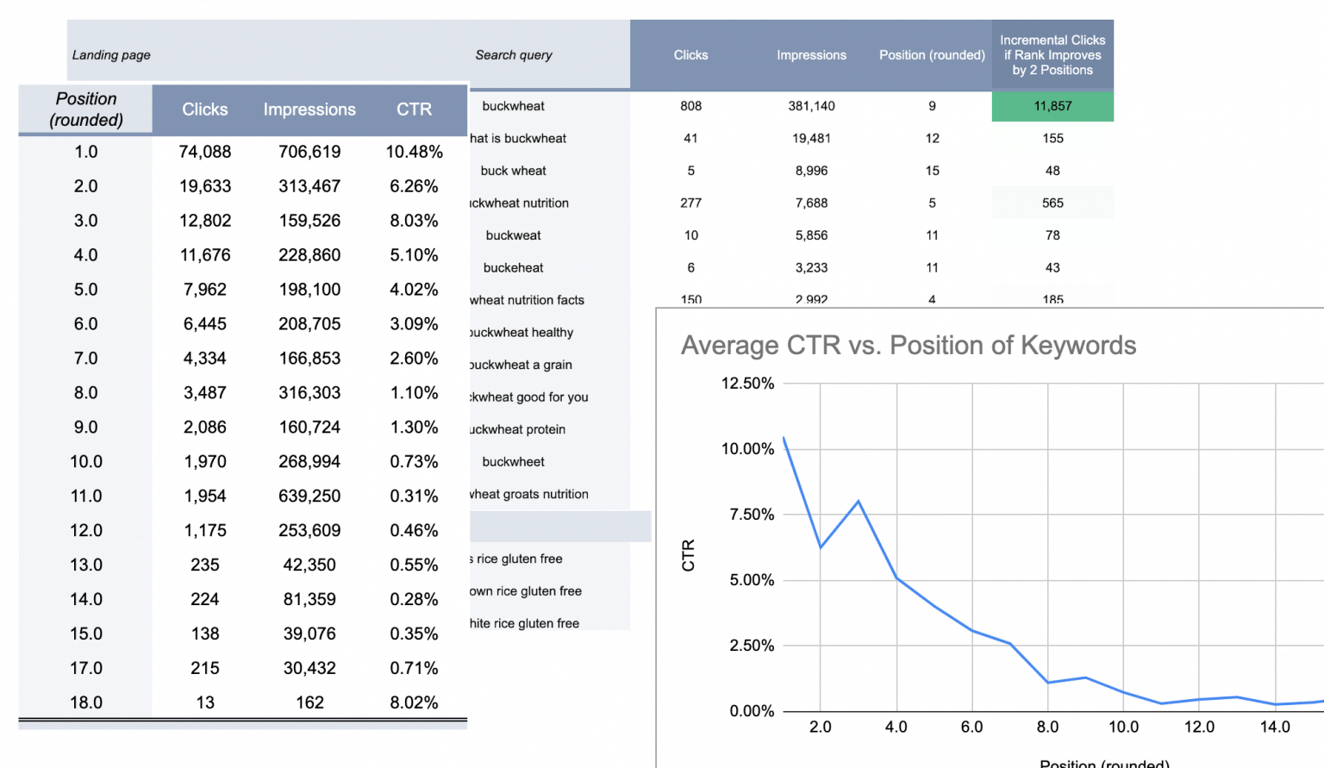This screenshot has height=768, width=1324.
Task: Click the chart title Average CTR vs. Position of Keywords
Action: (x=909, y=346)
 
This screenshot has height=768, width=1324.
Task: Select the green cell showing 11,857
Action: (x=1052, y=106)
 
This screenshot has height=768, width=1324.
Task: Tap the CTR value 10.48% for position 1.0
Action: (x=414, y=152)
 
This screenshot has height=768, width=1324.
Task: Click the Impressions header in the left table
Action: (x=309, y=109)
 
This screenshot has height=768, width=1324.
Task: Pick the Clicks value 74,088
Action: (x=205, y=152)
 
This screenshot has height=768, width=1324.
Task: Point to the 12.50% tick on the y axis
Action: (x=747, y=384)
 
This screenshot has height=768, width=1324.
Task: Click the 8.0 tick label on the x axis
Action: (x=1047, y=727)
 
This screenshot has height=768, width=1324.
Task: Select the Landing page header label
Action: (x=111, y=55)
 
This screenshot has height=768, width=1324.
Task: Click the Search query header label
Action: (x=514, y=55)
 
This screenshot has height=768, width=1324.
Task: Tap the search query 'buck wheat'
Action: (x=513, y=171)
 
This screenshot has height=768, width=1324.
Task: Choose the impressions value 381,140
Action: (x=811, y=106)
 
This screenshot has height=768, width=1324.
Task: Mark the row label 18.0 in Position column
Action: (x=86, y=702)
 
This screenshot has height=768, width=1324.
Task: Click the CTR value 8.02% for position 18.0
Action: (x=414, y=702)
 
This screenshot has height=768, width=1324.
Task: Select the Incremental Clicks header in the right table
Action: (x=1052, y=55)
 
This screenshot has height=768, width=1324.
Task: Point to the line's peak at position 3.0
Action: (x=859, y=501)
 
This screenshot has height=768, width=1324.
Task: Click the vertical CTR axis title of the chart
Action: (x=688, y=555)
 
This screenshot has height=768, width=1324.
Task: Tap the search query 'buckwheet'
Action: (x=513, y=462)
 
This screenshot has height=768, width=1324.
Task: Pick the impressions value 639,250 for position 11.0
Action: (x=309, y=496)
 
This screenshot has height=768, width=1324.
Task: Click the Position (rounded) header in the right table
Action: (x=932, y=55)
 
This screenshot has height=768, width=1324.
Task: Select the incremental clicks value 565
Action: (x=1052, y=203)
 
